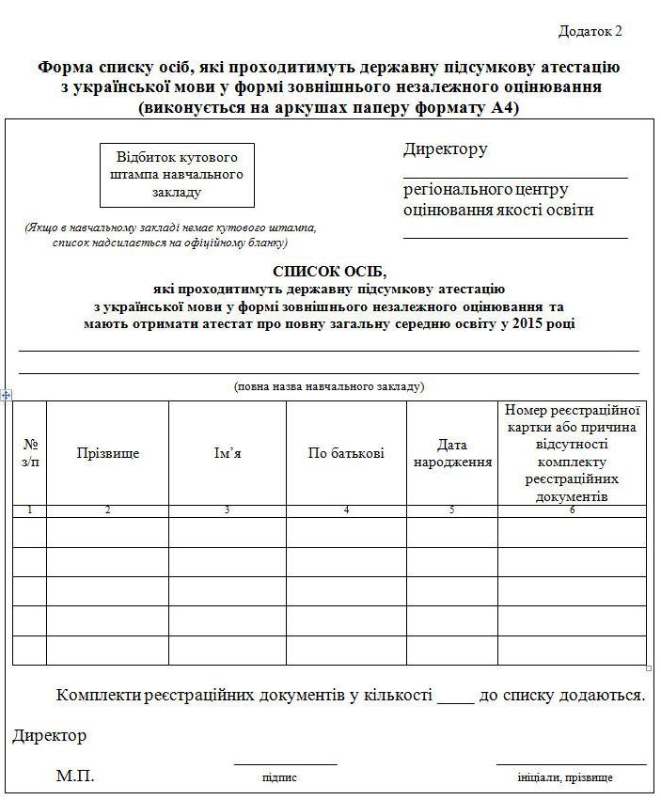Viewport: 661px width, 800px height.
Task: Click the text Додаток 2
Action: (590, 31)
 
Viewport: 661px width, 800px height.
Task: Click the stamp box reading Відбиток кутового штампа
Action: (177, 175)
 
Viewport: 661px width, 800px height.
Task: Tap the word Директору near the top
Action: (446, 149)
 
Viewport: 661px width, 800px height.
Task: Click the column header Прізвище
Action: (107, 453)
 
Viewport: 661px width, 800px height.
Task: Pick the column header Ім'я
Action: (228, 453)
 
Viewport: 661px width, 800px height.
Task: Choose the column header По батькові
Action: (346, 453)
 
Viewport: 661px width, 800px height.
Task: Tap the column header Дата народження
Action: (452, 453)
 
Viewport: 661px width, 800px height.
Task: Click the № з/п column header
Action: (30, 452)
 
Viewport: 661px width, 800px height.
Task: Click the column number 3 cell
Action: (228, 510)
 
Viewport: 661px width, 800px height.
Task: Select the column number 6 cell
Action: (572, 510)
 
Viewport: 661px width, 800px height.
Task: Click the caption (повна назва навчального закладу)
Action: (329, 386)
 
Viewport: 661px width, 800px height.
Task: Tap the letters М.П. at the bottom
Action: (74, 776)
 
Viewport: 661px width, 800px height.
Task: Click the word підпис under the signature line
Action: (280, 777)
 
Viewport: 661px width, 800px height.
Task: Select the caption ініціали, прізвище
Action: (565, 777)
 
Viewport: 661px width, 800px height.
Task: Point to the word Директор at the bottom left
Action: (49, 735)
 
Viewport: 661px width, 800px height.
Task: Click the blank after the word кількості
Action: (456, 697)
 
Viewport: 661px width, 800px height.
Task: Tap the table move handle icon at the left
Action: (7, 395)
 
